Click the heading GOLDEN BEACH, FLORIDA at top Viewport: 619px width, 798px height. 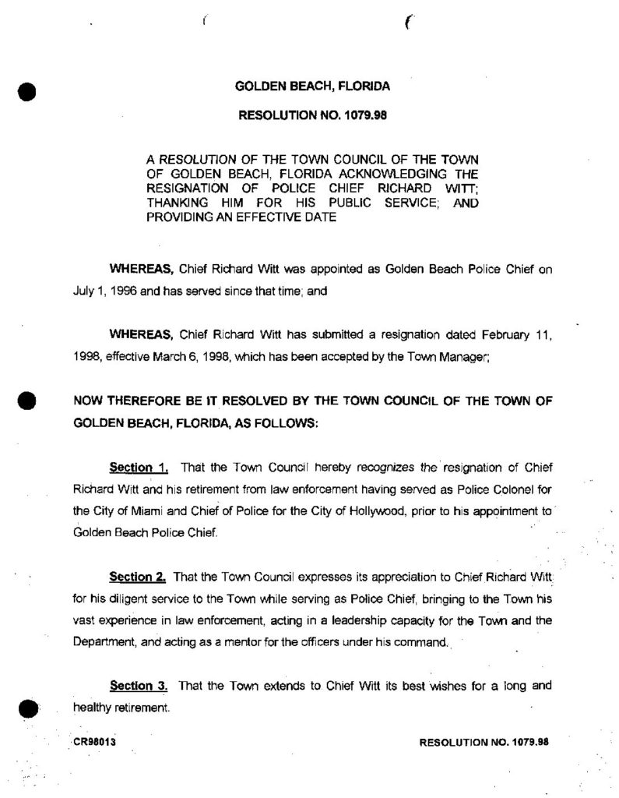(x=312, y=87)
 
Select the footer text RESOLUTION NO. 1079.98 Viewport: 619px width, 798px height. (x=484, y=741)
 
